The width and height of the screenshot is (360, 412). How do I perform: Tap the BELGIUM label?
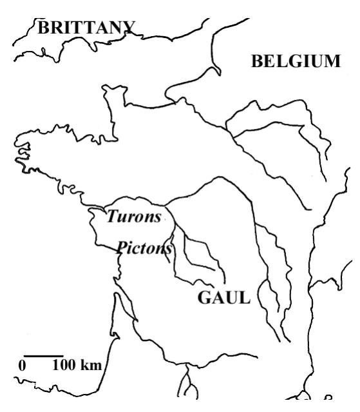tap(296, 62)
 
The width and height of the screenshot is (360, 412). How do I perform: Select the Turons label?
tap(134, 217)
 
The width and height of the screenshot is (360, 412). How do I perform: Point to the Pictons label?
tap(144, 248)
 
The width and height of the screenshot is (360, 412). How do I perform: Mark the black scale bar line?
tap(44, 355)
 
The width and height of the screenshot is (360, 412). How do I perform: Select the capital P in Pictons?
tap(121, 248)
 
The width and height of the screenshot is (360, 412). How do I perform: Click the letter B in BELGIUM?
tap(257, 62)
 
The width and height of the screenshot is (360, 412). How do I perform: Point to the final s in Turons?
tap(157, 217)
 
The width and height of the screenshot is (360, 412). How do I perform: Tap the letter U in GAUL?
tap(231, 299)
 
